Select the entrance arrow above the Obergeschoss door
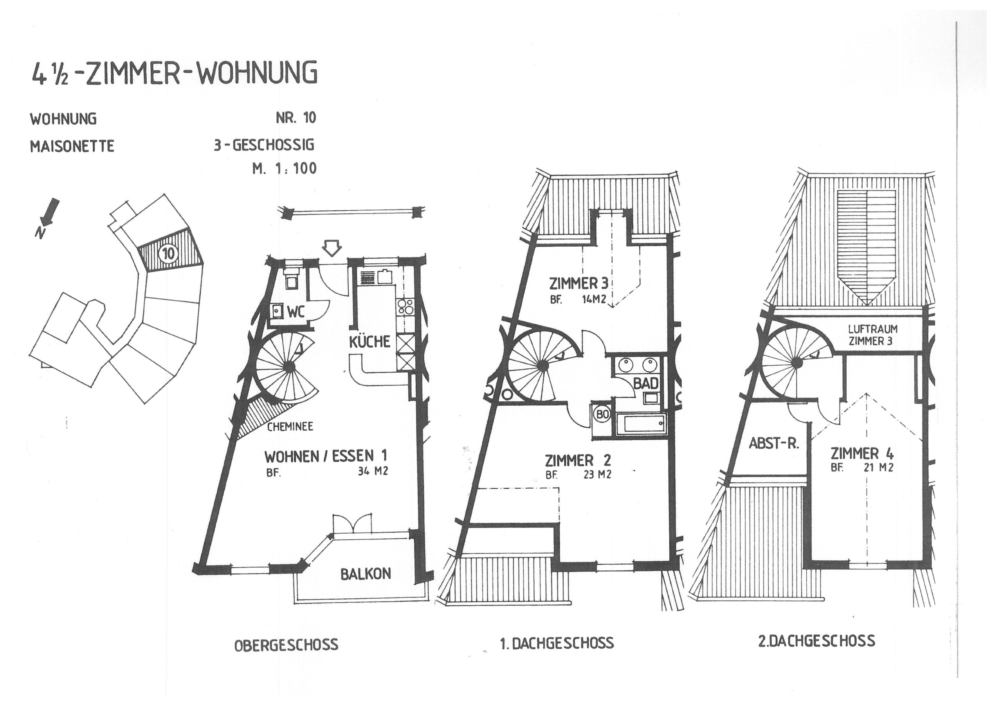pos(332,248)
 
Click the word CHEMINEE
pos(290,426)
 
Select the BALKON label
pos(366,574)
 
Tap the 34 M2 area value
pos(373,471)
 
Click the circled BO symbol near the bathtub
pos(603,415)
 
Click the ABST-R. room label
pos(774,444)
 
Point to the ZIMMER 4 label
pos(861,453)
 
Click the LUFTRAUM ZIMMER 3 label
pos(872,335)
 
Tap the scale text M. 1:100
pos(284,168)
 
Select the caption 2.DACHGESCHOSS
pos(816,641)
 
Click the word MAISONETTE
pos(72,146)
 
